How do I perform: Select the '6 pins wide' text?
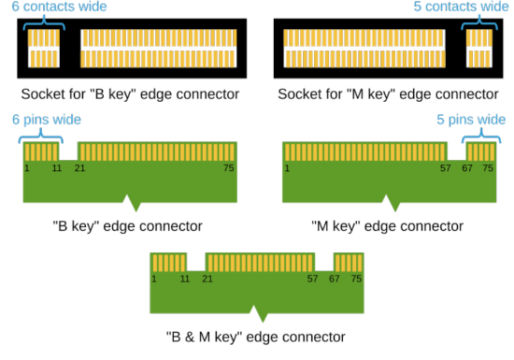tap(46, 120)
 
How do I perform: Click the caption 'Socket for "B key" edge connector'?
tap(131, 94)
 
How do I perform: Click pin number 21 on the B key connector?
tap(80, 167)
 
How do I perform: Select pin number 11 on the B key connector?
tap(56, 167)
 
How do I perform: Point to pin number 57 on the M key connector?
tap(446, 167)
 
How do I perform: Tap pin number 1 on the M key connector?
tap(287, 167)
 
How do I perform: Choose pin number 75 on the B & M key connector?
tap(356, 279)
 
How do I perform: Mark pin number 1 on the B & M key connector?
tap(154, 279)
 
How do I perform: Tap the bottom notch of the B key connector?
tap(134, 205)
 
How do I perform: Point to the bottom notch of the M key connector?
tap(391, 205)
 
